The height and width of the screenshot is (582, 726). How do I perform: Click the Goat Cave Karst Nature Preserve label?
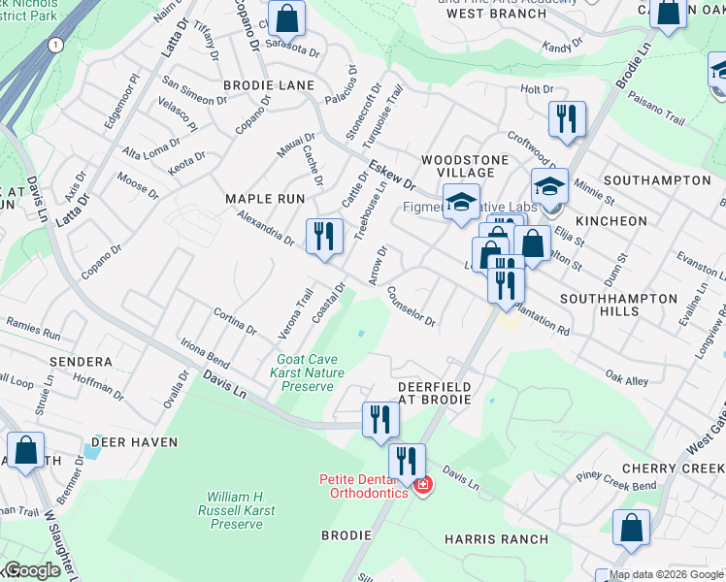[x=309, y=372]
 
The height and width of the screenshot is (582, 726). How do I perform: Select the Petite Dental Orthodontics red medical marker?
[x=421, y=484]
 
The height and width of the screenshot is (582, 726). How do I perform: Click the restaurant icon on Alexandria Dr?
[x=323, y=236]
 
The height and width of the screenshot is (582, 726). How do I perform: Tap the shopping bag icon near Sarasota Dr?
[x=287, y=17]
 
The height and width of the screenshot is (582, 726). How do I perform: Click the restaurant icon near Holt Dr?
[x=565, y=119]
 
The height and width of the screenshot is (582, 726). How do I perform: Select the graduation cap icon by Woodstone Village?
[x=462, y=202]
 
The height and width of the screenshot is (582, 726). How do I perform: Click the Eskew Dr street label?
[x=392, y=174]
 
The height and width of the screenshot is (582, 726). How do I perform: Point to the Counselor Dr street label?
[x=412, y=306]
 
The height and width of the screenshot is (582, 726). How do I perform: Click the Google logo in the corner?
[x=33, y=570]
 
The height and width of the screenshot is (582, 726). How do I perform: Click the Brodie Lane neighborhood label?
[x=269, y=85]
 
